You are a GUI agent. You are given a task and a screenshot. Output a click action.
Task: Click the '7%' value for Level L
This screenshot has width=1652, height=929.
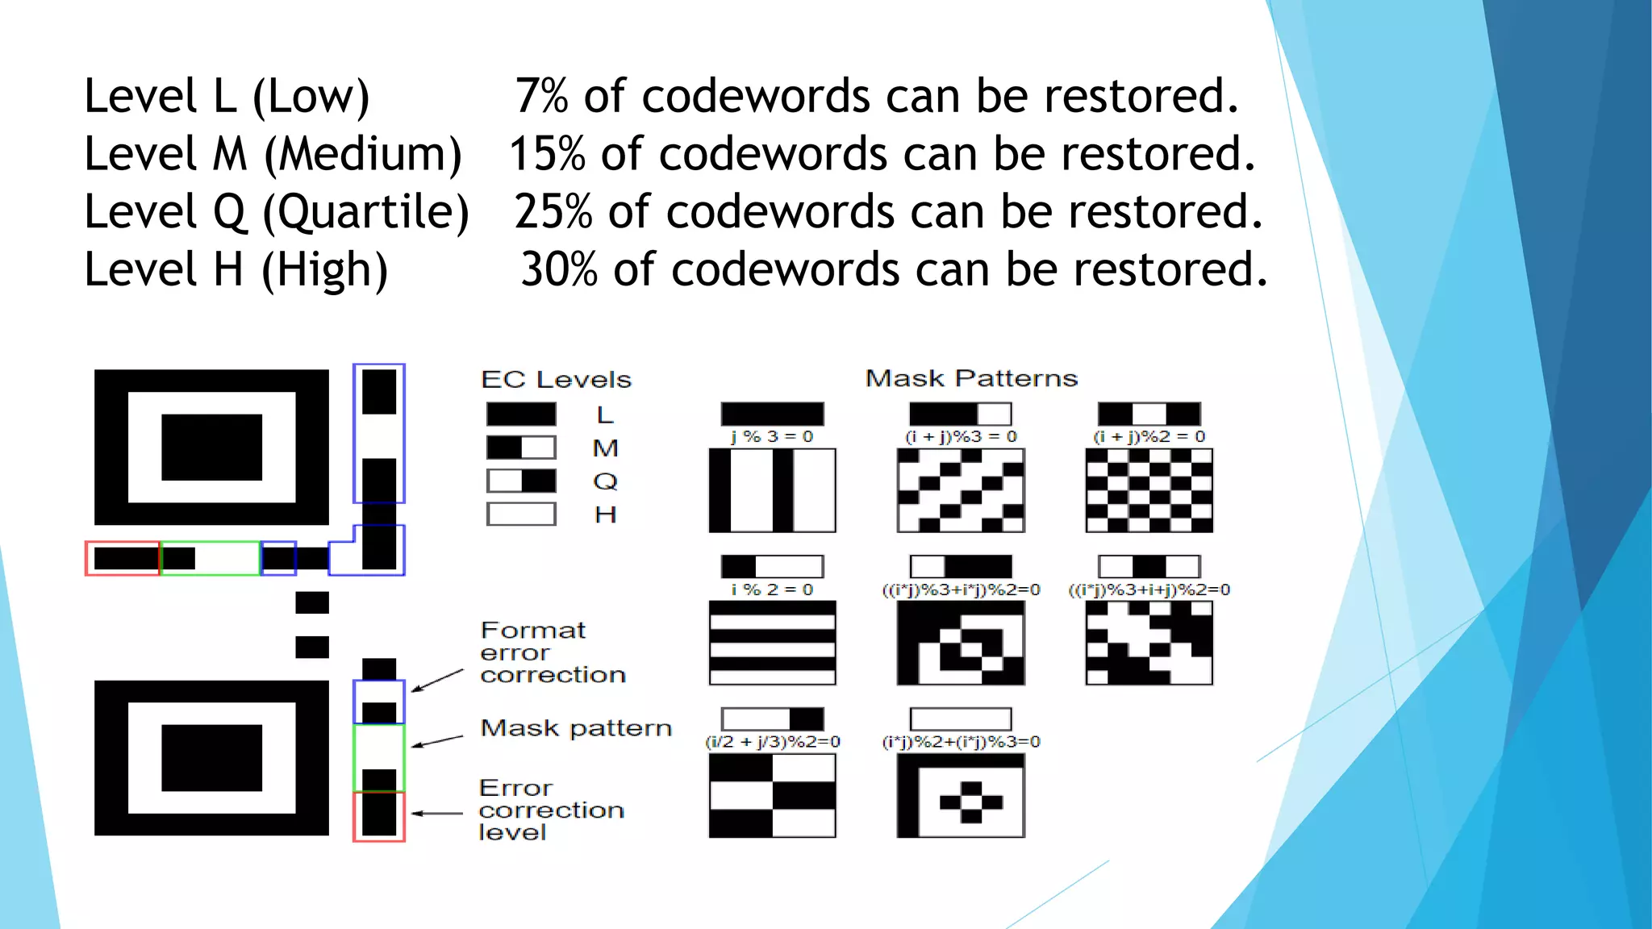[541, 97]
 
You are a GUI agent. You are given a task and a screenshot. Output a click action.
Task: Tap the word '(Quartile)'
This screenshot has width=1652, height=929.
[365, 212]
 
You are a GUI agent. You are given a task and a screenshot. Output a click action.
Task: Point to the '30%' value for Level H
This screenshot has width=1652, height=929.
[558, 269]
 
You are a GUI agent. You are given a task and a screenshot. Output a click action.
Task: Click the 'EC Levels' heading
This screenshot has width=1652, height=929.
[556, 380]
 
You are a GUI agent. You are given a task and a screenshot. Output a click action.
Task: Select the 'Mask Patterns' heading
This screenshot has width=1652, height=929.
[971, 378]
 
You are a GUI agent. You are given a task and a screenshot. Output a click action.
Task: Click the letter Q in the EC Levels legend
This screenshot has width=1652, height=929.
[605, 481]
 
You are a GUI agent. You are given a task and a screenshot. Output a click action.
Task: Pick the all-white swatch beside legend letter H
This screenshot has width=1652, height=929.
[521, 514]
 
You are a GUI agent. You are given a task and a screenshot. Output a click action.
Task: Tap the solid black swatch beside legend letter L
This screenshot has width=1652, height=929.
[521, 415]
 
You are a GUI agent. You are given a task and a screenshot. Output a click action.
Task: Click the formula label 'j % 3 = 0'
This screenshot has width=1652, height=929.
[772, 436]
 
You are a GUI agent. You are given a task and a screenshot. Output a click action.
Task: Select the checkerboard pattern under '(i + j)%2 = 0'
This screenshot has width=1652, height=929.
[1149, 490]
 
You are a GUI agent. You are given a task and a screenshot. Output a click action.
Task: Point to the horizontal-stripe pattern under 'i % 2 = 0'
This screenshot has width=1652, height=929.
[772, 643]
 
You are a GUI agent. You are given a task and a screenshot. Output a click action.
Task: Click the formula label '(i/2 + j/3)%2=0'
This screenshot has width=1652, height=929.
[772, 742]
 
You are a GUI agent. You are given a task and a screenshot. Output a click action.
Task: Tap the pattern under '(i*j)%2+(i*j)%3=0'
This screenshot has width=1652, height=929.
[961, 796]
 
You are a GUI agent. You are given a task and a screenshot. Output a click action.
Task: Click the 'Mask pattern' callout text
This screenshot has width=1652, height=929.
[576, 728]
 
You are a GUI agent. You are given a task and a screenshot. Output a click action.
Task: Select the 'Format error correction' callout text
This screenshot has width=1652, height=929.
[552, 652]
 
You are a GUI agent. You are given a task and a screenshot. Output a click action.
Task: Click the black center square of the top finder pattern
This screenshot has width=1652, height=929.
[211, 448]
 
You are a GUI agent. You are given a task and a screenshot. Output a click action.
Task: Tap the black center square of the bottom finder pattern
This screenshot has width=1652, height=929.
[211, 758]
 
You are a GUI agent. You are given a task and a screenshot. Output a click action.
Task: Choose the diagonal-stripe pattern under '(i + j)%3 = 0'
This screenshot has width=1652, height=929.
[961, 490]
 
